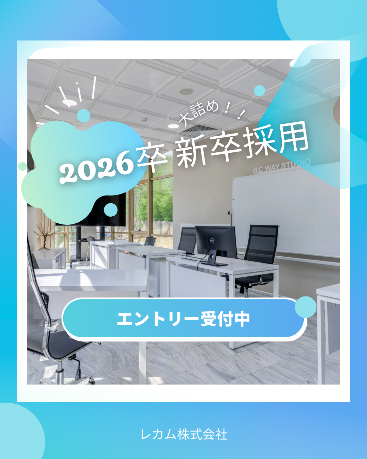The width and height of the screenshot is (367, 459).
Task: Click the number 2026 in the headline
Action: (95, 167)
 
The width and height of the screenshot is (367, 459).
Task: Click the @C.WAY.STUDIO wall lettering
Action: (281, 166)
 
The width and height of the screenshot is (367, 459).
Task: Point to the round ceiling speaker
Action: (186, 91)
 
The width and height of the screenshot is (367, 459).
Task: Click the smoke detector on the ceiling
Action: (144, 120)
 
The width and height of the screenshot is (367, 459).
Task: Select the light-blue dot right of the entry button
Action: (305, 307)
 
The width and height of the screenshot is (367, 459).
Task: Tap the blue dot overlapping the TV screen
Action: (111, 210)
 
